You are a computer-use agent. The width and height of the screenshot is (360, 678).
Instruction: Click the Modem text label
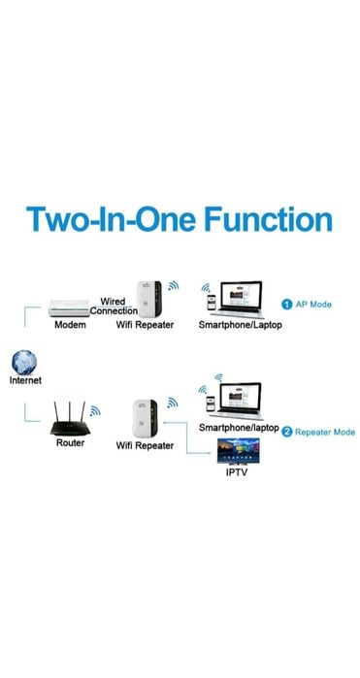coord(70,325)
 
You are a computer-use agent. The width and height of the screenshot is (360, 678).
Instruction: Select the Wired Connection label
coord(115,307)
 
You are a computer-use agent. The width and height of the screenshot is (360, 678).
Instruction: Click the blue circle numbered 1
coord(287,305)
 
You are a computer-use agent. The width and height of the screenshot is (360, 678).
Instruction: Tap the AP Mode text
coord(314,305)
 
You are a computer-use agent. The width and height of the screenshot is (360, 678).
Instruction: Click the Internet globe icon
coord(26,364)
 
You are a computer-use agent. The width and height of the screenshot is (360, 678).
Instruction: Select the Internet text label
coord(26,381)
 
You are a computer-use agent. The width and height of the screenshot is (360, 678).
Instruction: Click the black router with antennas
coord(69,421)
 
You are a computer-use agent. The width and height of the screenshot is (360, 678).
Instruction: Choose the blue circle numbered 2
coord(287,432)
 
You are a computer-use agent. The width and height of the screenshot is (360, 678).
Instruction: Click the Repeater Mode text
coord(324,432)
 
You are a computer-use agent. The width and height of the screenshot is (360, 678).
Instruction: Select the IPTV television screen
coord(240,449)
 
